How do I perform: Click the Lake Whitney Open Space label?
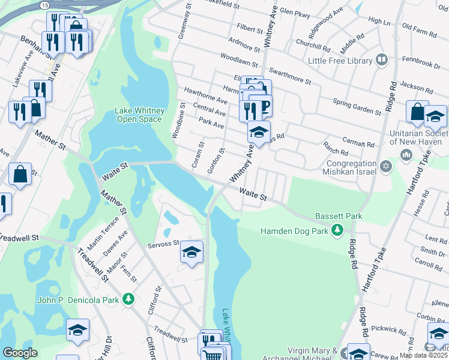click(139, 115)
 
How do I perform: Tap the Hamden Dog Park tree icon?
click(337, 230)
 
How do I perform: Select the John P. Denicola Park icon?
click(127, 298)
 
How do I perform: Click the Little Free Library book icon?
click(381, 60)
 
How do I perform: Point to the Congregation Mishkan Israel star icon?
click(386, 164)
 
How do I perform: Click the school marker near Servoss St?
click(191, 252)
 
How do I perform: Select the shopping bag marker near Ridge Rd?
click(417, 112)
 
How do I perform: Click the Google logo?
click(20, 353)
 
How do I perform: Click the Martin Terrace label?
click(98, 236)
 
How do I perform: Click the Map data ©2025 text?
click(423, 355)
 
